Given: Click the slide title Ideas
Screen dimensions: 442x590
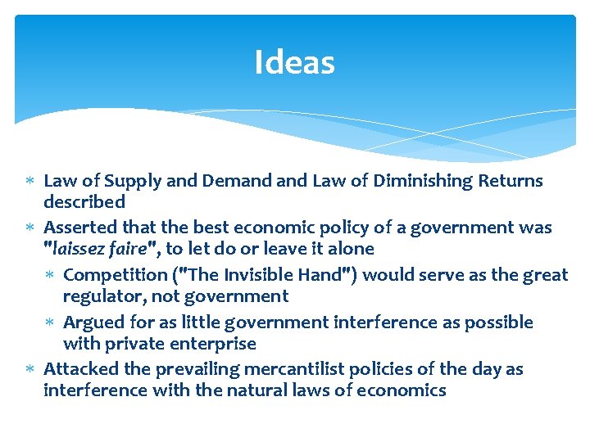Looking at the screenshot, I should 294,62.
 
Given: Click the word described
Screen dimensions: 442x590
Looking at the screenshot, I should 84,201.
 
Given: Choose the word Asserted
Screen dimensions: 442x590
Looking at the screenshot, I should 78,227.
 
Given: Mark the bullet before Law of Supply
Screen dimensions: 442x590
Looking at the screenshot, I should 32,181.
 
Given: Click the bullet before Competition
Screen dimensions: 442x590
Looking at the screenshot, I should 52,275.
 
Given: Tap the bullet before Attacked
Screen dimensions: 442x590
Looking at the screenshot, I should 32,370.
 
